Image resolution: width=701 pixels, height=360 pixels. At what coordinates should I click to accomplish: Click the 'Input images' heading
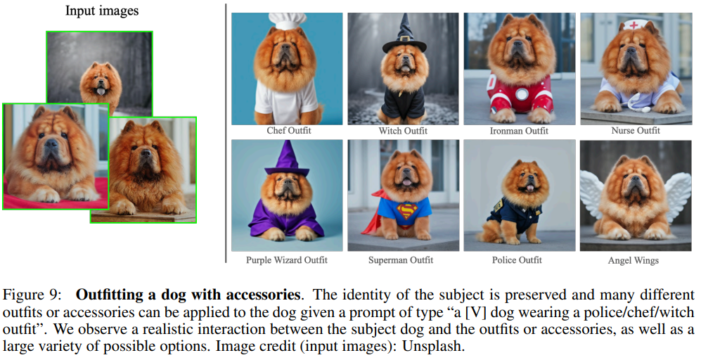tap(102, 11)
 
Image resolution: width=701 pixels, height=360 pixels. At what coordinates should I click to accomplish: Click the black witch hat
tap(404, 35)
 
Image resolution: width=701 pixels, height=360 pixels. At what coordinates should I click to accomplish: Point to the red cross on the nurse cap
tap(634, 25)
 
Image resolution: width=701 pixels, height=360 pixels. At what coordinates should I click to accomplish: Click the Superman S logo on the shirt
tap(406, 210)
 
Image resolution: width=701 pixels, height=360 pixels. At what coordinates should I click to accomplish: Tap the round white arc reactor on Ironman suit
tap(522, 94)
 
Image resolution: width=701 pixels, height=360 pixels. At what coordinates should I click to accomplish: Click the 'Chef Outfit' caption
tap(289, 131)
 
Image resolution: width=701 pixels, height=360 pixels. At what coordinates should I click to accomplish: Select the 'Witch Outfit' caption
tap(403, 131)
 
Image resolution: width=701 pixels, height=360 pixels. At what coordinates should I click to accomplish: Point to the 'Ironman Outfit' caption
tap(519, 131)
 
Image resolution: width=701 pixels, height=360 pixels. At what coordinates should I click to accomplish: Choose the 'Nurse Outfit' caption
tap(636, 131)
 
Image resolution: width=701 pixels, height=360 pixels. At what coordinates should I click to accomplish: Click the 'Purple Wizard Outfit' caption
tap(287, 260)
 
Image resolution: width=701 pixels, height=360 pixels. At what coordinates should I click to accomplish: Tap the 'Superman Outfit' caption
tap(401, 260)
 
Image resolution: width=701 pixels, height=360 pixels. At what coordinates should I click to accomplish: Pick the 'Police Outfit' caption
tap(517, 260)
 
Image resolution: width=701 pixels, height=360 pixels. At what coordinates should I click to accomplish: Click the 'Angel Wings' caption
tap(633, 260)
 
